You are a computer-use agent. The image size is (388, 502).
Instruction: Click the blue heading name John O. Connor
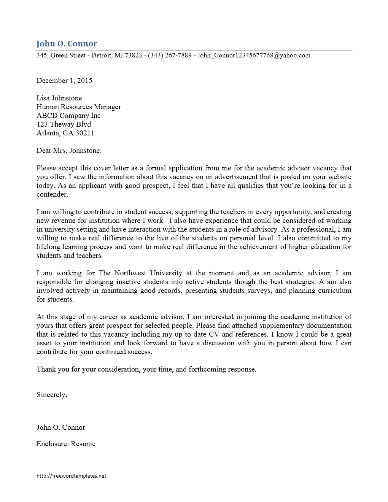click(67, 44)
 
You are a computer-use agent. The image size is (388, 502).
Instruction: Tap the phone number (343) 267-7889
click(170, 56)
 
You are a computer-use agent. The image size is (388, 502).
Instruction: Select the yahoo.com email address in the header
click(254, 56)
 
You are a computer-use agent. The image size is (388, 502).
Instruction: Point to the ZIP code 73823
click(133, 56)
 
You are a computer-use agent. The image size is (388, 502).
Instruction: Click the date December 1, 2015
click(64, 81)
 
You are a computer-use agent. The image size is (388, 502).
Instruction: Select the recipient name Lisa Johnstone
click(59, 98)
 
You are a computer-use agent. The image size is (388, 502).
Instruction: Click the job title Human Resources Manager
click(79, 107)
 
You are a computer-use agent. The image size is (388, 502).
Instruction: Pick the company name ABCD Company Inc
click(68, 116)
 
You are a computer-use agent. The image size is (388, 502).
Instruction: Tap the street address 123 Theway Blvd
click(64, 124)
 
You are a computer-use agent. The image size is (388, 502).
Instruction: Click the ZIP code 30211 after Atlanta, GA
click(85, 133)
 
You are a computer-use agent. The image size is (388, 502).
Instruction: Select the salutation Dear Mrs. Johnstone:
click(69, 151)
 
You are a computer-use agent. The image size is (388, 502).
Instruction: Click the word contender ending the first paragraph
click(52, 194)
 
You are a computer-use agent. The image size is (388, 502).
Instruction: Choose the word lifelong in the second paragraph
click(48, 247)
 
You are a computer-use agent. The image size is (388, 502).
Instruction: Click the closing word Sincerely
click(51, 395)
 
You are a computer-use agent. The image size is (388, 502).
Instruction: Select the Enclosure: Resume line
click(66, 444)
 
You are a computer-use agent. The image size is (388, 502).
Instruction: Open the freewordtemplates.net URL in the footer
click(71, 476)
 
